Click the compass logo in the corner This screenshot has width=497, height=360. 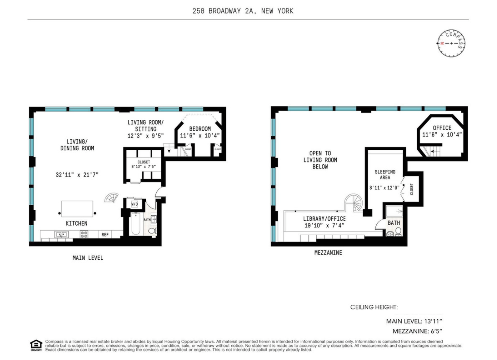pyautogui.click(x=451, y=43)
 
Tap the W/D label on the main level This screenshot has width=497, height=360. pyautogui.click(x=134, y=204)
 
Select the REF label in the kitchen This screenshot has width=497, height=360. pyautogui.click(x=105, y=234)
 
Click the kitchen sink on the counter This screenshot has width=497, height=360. pyautogui.click(x=61, y=234)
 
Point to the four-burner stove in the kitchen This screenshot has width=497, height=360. pyautogui.click(x=84, y=234)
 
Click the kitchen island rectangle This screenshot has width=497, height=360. pyautogui.click(x=77, y=209)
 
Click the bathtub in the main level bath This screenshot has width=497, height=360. pyautogui.click(x=136, y=224)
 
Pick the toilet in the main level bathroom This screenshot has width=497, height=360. pyautogui.click(x=152, y=231)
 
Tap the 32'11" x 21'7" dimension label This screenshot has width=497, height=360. pyautogui.click(x=77, y=175)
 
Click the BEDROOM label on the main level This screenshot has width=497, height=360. pyautogui.click(x=200, y=129)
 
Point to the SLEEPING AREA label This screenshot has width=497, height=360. pyautogui.click(x=385, y=174)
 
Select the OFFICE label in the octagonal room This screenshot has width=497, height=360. pyautogui.click(x=442, y=128)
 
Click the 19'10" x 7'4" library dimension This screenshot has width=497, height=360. pyautogui.click(x=324, y=225)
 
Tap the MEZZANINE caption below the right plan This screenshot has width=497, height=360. pyautogui.click(x=328, y=252)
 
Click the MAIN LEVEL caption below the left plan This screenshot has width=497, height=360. pyautogui.click(x=88, y=258)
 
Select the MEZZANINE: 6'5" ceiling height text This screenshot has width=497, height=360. pyautogui.click(x=417, y=331)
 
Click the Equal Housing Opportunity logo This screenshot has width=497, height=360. pyautogui.click(x=36, y=345)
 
